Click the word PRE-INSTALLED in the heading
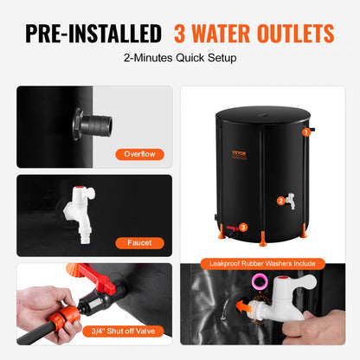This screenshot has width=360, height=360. click(93, 34)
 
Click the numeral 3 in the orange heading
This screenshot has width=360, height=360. click(183, 34)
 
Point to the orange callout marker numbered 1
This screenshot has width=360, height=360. click(305, 132)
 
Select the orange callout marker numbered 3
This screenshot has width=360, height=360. click(242, 228)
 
